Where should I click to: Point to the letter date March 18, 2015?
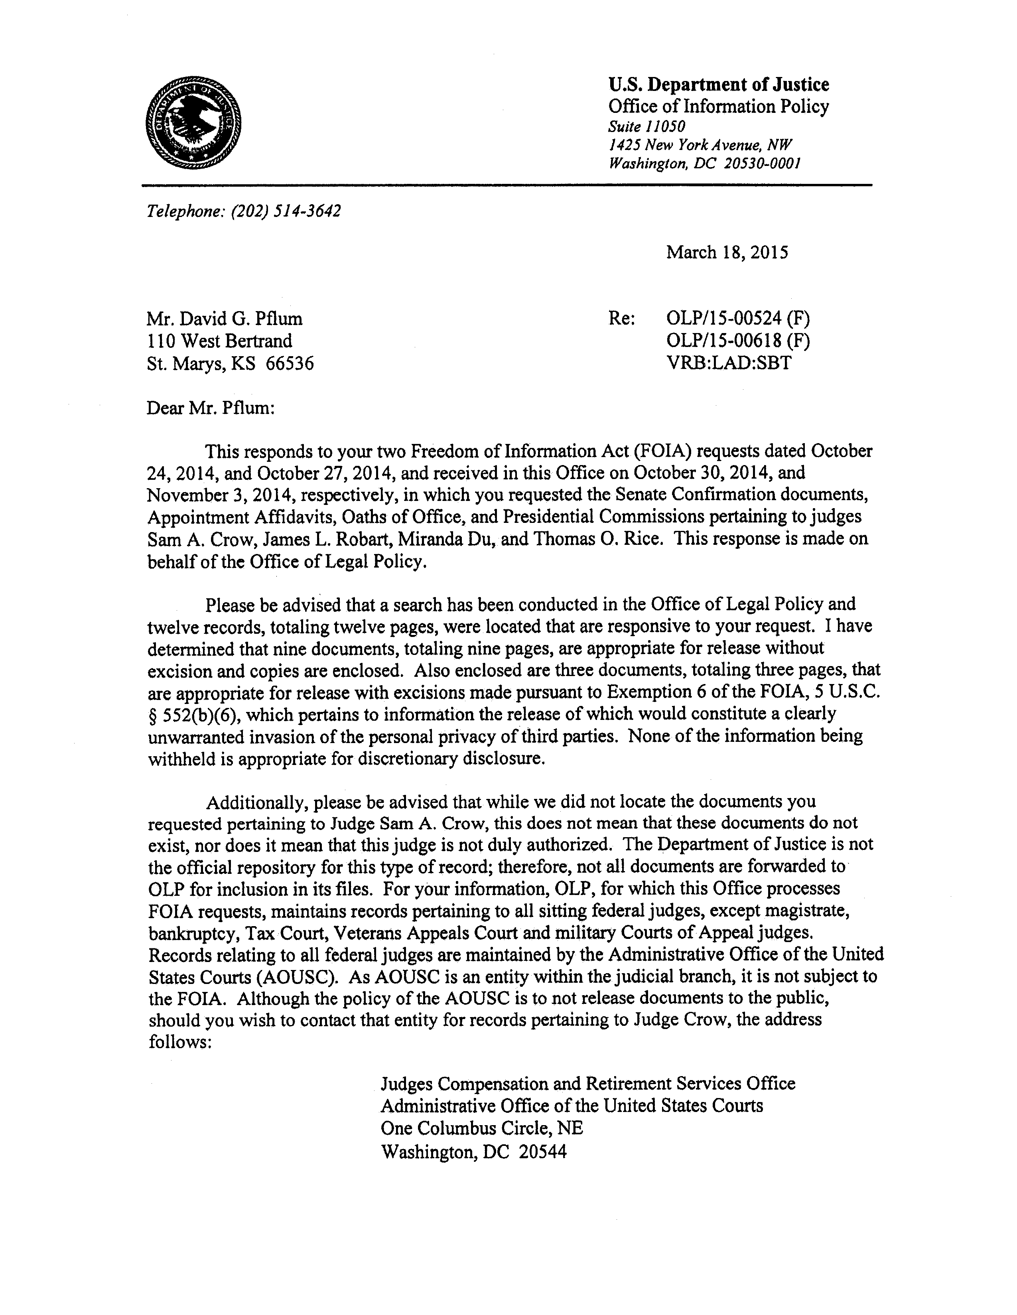coord(727,252)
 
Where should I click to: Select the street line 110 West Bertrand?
coord(219,341)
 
